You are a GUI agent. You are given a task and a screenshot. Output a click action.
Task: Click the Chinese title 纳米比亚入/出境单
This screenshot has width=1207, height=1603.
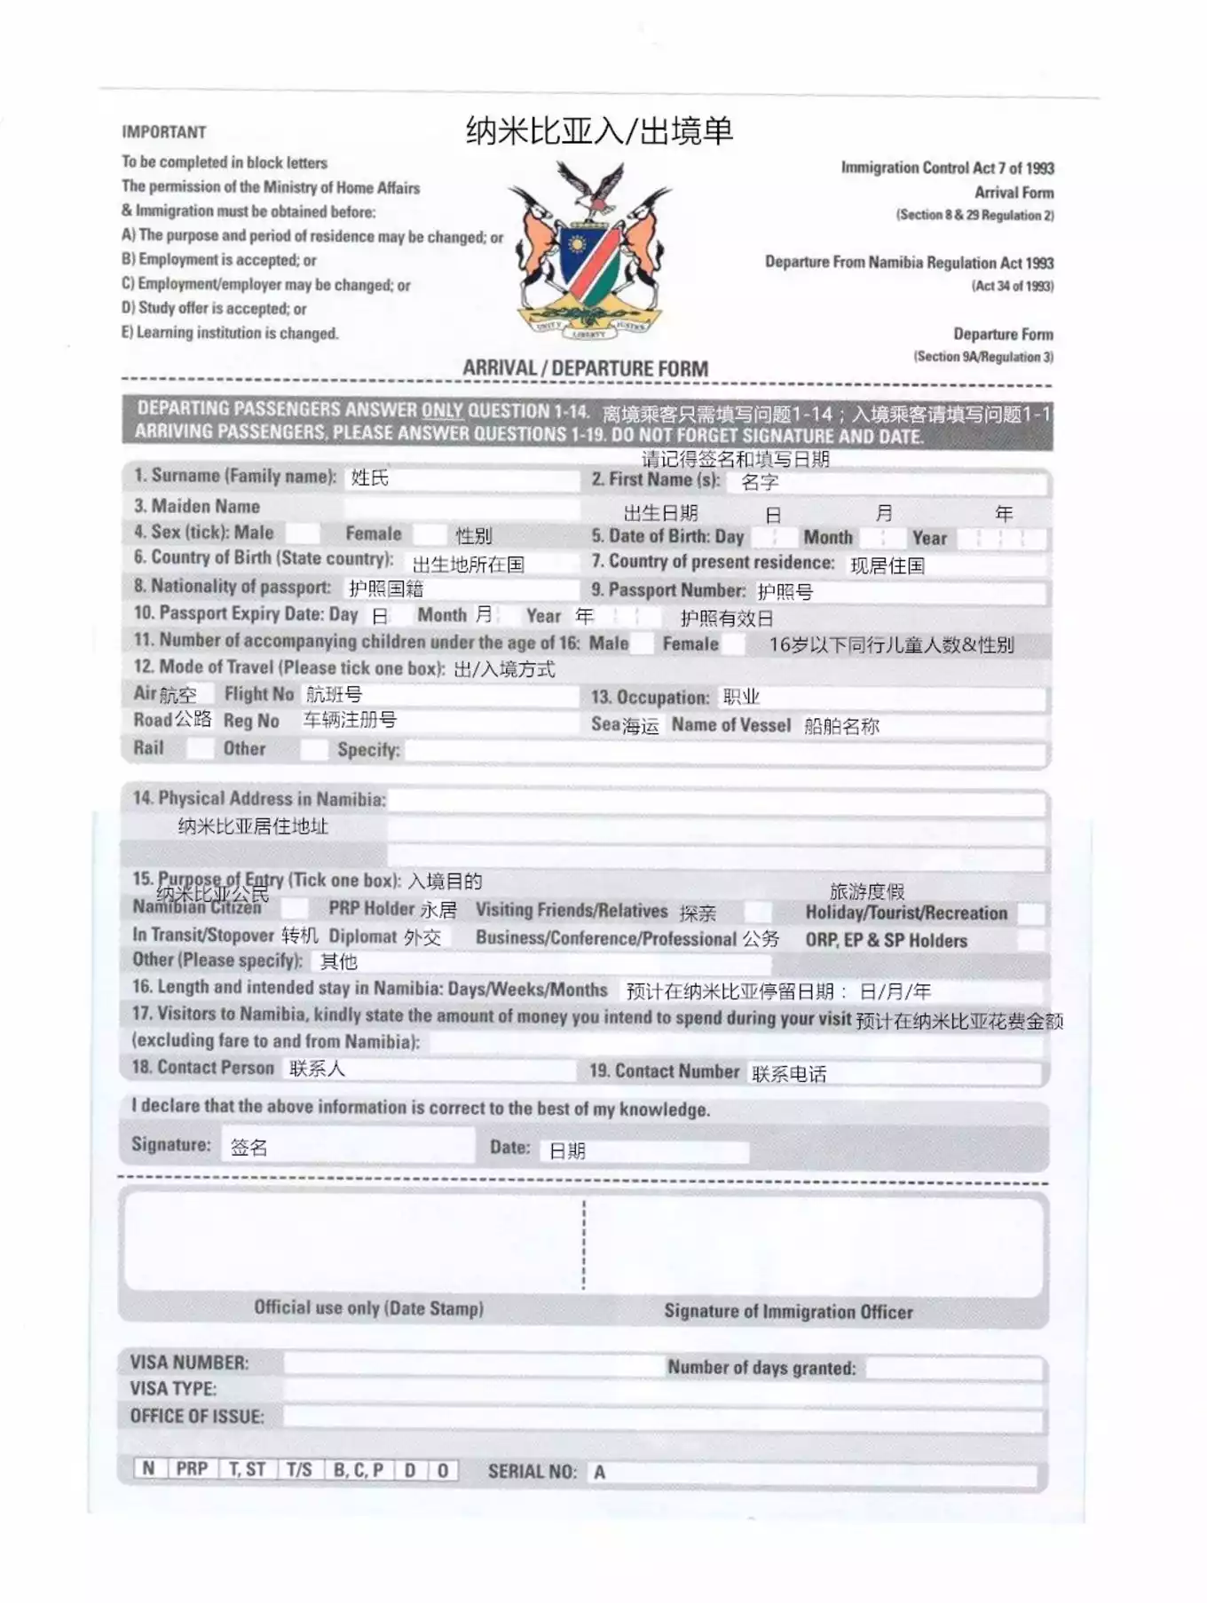599,131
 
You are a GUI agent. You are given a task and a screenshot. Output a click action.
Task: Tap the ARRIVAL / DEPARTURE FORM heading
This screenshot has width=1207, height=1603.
585,368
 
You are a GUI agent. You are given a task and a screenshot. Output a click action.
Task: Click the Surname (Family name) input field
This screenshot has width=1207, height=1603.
461,479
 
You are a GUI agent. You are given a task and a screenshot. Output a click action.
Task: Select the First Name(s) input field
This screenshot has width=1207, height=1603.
887,484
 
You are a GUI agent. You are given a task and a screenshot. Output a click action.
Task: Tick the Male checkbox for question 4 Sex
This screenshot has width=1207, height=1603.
303,533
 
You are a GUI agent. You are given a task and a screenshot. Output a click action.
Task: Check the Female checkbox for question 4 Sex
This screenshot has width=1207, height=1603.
430,534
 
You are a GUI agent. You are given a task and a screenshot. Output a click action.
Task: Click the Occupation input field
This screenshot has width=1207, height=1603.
879,698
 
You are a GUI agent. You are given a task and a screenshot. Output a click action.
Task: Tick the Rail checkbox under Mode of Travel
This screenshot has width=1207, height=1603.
200,748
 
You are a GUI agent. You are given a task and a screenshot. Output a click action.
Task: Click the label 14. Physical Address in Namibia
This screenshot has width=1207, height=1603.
258,799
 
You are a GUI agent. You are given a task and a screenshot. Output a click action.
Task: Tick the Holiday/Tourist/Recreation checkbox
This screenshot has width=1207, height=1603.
1030,913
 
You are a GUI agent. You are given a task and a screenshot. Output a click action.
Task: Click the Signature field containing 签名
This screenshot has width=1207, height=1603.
346,1147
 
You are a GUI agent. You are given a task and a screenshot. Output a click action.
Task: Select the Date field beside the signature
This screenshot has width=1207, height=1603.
643,1150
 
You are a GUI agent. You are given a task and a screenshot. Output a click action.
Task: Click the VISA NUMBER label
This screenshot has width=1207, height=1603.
189,1362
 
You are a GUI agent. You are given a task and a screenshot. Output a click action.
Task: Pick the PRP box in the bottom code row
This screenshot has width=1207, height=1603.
192,1469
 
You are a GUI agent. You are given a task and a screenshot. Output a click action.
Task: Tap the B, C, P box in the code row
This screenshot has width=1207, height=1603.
358,1470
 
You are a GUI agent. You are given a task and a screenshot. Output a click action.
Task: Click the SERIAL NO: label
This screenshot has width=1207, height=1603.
532,1472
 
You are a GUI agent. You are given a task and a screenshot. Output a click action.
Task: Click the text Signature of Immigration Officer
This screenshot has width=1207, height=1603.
788,1312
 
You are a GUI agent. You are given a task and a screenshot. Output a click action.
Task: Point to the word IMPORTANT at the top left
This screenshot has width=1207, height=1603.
164,132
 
